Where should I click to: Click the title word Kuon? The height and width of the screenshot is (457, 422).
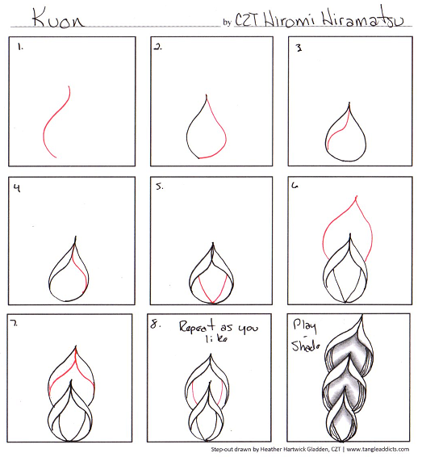pos(57,19)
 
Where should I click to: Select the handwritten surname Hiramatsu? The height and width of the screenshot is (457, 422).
pos(363,18)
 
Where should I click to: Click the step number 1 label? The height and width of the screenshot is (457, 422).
pos(20,47)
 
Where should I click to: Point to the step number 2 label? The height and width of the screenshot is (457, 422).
pos(158,47)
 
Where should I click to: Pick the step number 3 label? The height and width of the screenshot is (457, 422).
pos(299,48)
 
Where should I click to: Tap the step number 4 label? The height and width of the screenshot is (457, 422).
pos(17,188)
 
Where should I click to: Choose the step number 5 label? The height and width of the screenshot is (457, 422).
pos(159,187)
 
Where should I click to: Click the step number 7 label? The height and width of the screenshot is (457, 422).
pos(14,323)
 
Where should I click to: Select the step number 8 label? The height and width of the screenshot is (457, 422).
pos(156,324)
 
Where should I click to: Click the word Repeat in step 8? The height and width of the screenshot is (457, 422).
pos(197,326)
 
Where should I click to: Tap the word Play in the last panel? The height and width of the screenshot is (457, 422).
pos(304,326)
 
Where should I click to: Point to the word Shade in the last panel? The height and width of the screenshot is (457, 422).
pos(306,345)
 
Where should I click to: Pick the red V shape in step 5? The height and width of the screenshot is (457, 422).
pos(212,289)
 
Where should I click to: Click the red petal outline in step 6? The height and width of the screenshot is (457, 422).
pos(348,220)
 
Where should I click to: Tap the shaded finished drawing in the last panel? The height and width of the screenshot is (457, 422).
pos(349,379)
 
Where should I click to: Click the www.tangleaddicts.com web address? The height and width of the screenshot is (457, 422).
pos(378,449)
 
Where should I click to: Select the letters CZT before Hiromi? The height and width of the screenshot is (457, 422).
pos(246,20)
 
